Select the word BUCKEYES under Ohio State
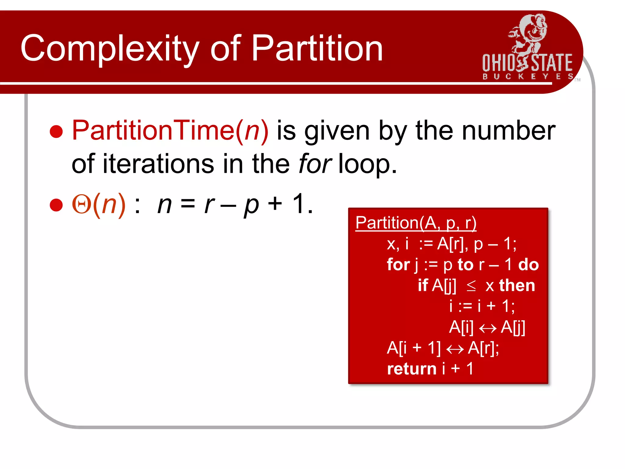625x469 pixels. pos(527,76)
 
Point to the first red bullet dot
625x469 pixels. pos(56,132)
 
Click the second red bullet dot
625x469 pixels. pos(56,205)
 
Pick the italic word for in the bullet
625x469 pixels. pos(315,164)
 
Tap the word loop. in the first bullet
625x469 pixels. pos(368,164)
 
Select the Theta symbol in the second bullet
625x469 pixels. pos(81,205)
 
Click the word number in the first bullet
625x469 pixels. pos(508,131)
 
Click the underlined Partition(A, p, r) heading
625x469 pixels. pos(416,223)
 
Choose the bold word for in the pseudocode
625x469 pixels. pos(398,264)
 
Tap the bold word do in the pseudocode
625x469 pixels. pos(529,264)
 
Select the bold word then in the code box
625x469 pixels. pos(517,285)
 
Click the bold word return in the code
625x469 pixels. pos(411,369)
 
